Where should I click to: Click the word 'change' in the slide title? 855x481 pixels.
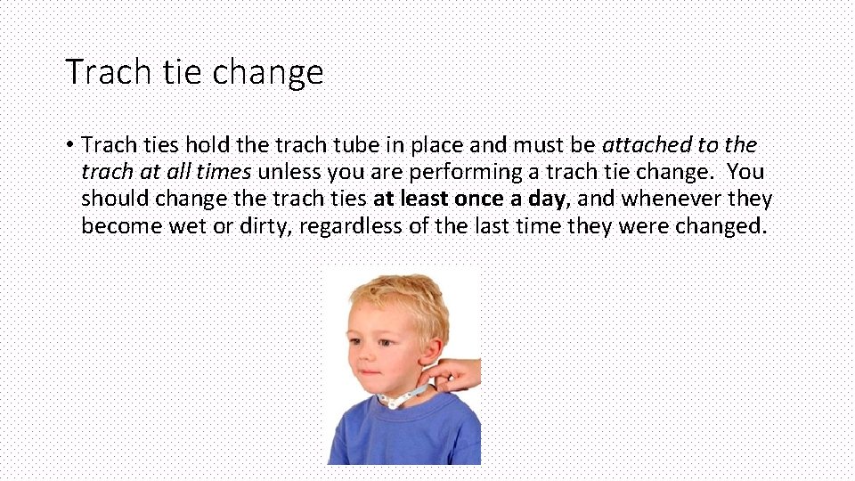point(281,72)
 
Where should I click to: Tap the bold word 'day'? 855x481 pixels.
point(545,199)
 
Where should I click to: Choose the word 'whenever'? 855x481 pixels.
point(670,199)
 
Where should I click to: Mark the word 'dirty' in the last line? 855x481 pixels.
point(265,226)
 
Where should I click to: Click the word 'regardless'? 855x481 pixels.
point(351,226)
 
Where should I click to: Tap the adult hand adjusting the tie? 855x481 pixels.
point(460,374)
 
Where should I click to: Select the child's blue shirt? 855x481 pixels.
point(401,436)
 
